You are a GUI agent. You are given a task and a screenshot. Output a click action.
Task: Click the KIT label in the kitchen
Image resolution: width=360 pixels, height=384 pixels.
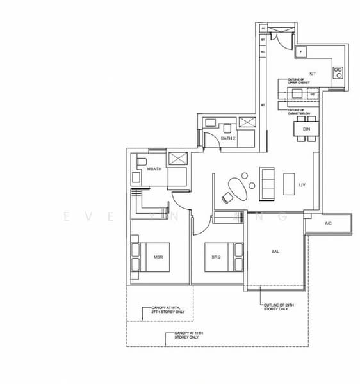point(313,74)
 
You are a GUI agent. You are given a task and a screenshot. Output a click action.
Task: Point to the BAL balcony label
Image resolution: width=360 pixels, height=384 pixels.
point(275,252)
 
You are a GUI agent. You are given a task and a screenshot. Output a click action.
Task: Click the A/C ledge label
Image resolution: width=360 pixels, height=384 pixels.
point(328,224)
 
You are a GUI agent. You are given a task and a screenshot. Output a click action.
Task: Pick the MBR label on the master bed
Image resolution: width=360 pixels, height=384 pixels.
point(158,258)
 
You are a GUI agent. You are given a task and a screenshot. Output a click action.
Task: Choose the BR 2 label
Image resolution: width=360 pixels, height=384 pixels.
point(216,258)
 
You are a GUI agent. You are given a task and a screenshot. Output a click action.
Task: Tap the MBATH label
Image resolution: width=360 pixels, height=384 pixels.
point(154,169)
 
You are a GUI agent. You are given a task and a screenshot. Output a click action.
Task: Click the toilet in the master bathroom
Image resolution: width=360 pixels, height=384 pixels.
point(141,161)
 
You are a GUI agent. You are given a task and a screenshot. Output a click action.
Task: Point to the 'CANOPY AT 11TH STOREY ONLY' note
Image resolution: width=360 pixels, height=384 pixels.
point(186,335)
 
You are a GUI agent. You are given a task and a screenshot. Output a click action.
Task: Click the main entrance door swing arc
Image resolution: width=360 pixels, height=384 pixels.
point(276,38)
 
